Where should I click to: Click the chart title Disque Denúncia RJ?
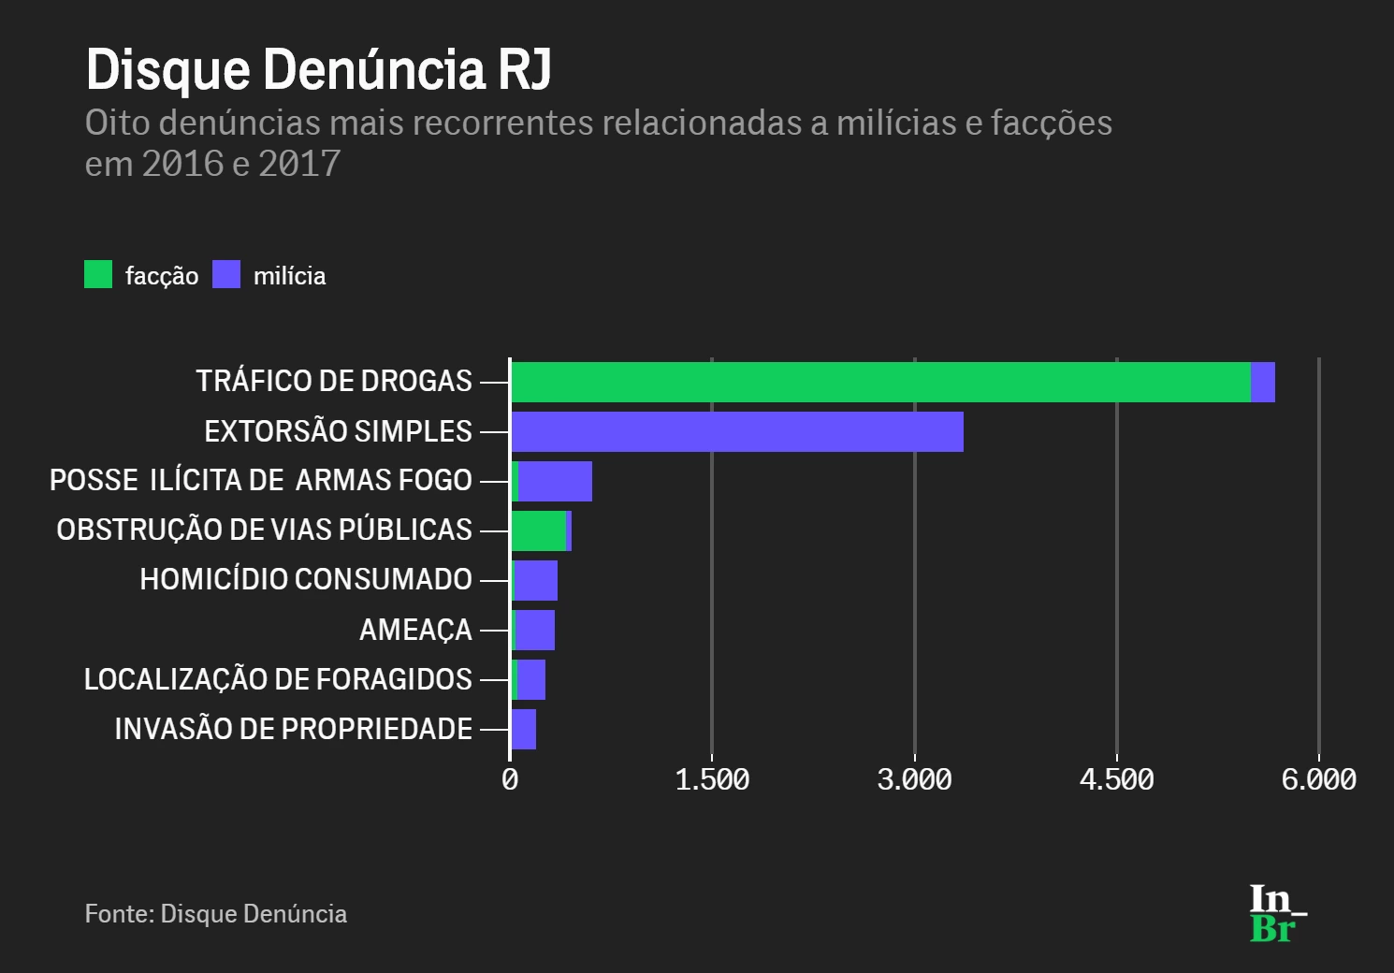[x=318, y=69]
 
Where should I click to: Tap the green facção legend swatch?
[x=98, y=274]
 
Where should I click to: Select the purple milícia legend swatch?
[x=226, y=274]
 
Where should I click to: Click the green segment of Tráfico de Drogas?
[x=879, y=382]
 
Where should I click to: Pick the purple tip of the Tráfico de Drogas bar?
[x=1263, y=382]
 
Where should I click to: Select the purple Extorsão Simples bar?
[x=737, y=431]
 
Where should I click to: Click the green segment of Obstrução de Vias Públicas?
[x=538, y=530]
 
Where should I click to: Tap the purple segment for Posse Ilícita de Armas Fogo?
[x=555, y=481]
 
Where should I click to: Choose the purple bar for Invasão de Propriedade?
[x=524, y=729]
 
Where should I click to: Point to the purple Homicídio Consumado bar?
[x=536, y=580]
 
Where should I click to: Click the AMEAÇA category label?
[x=415, y=630]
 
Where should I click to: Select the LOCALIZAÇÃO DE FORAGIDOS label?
[x=278, y=679]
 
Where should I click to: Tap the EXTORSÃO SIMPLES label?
[x=338, y=431]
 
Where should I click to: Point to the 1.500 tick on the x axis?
[x=712, y=779]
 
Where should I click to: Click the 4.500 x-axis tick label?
[x=1116, y=779]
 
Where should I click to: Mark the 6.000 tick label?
[x=1318, y=779]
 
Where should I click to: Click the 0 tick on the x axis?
[x=510, y=779]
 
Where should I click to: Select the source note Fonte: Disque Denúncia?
[x=216, y=914]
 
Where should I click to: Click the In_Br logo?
[x=1276, y=913]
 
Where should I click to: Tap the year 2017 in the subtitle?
[x=299, y=164]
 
